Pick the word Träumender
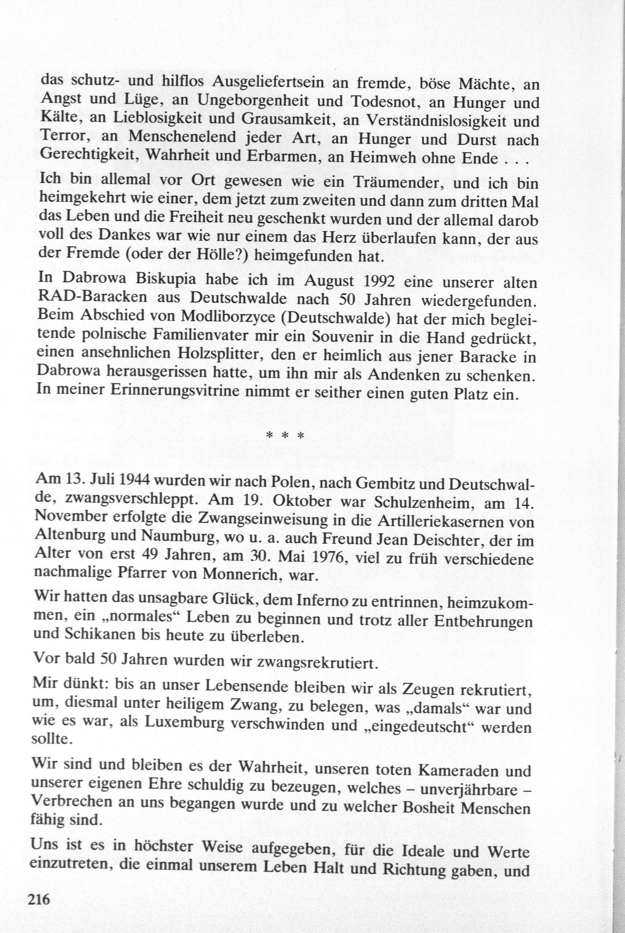click(393, 183)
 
